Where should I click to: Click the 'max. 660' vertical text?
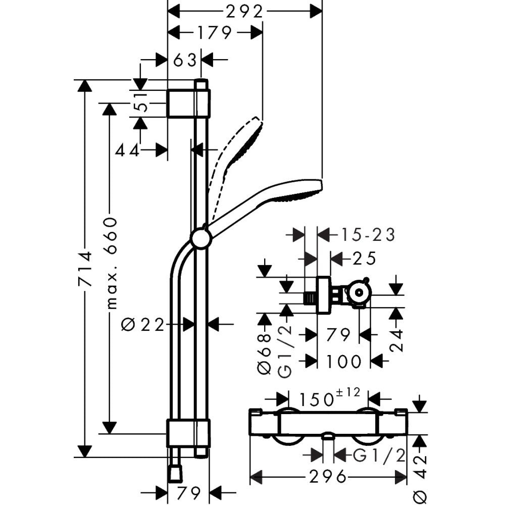pyautogui.click(x=110, y=263)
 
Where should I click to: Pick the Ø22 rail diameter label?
pyautogui.click(x=144, y=325)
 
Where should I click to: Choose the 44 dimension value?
pyautogui.click(x=127, y=149)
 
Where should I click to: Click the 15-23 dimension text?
pyautogui.click(x=365, y=235)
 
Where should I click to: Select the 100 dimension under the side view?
pyautogui.click(x=343, y=361)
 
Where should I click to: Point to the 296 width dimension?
pyautogui.click(x=328, y=476)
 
